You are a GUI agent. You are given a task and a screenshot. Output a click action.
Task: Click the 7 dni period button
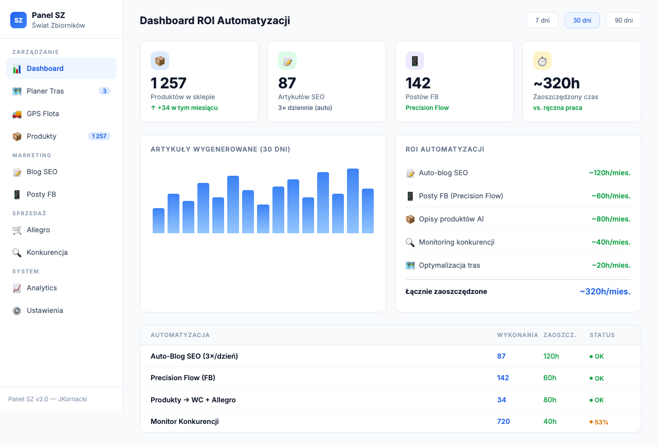(542, 21)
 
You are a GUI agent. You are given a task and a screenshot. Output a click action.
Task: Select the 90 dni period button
(624, 21)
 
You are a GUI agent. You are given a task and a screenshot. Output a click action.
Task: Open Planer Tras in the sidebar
(45, 91)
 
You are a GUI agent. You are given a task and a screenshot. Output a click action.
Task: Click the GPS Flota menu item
(43, 114)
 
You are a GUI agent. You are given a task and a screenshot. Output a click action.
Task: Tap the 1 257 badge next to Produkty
(99, 136)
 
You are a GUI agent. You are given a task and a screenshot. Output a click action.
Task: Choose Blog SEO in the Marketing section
(42, 172)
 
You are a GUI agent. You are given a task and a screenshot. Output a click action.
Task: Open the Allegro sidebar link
(38, 230)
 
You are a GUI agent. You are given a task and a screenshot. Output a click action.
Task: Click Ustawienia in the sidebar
(45, 310)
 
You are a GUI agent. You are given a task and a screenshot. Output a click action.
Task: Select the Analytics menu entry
(42, 288)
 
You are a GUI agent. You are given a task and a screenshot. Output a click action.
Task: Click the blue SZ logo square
(19, 20)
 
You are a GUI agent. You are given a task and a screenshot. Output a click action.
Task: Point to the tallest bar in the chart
(353, 201)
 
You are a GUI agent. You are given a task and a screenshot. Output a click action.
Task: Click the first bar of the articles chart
(158, 221)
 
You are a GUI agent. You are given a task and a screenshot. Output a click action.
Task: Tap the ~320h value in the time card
(557, 83)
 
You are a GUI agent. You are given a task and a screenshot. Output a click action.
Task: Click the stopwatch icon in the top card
(542, 61)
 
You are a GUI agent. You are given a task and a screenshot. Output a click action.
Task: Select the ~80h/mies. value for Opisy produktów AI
(611, 219)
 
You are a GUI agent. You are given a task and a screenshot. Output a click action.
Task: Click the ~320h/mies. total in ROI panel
(605, 291)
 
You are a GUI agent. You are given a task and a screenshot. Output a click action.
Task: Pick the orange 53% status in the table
(601, 422)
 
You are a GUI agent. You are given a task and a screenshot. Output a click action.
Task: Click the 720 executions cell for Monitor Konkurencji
(503, 421)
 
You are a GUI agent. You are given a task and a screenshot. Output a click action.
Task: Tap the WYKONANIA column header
(517, 335)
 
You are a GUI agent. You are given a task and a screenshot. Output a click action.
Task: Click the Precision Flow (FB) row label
(183, 378)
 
